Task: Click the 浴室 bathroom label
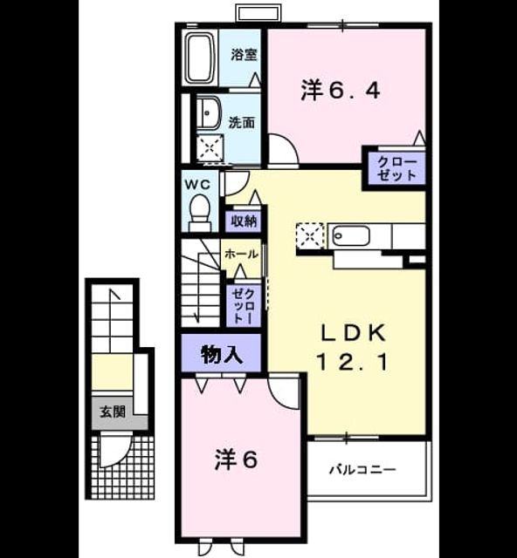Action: point(244,54)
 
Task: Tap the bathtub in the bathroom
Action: point(200,58)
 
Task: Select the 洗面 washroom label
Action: point(242,123)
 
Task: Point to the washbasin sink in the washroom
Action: point(210,112)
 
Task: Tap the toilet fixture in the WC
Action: point(200,213)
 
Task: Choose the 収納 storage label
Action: point(244,221)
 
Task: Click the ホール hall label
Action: point(241,254)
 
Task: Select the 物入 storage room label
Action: point(222,355)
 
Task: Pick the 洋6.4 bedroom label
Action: point(341,91)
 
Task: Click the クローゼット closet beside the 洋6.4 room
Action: point(396,169)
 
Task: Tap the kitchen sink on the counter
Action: point(350,236)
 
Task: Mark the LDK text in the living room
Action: point(354,333)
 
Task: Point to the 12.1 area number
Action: point(352,363)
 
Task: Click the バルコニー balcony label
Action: point(362,470)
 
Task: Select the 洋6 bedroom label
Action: point(236,460)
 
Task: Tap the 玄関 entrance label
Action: point(113,412)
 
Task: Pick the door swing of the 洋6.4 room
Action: point(283,149)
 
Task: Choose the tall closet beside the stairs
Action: point(244,306)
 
